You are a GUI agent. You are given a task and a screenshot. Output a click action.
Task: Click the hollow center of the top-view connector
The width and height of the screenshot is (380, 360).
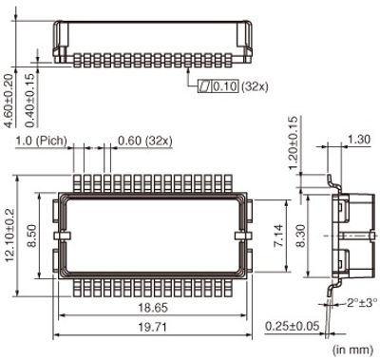(152, 234)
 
